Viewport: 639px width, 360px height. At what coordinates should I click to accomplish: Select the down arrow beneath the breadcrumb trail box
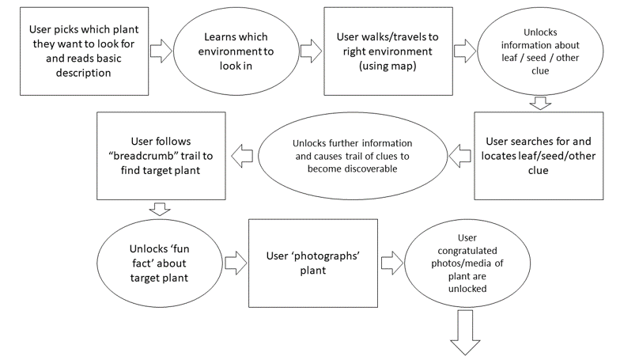click(158, 209)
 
